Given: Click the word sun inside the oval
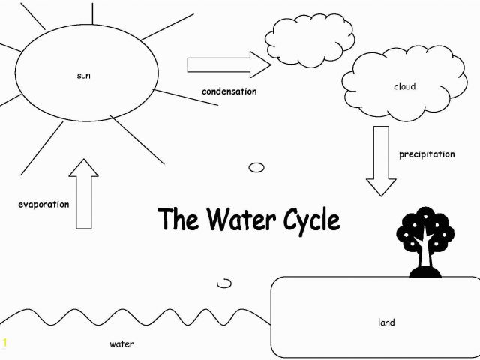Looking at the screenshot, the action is coord(83,76).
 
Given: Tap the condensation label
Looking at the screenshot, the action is coord(229,91).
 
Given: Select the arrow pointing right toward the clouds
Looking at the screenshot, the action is coord(229,64).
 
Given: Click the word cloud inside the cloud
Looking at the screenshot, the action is coord(405,86).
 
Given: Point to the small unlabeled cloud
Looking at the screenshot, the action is coord(310,39).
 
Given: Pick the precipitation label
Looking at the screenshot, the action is coord(427,154).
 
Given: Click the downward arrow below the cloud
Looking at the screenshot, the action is coord(381,161).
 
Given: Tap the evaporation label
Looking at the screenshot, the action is coord(43,204).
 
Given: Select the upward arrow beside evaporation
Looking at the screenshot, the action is coord(83,193).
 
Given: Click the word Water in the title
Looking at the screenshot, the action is coord(241,219).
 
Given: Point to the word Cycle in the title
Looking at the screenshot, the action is coord(312,221).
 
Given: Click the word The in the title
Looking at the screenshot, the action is coord(178,219).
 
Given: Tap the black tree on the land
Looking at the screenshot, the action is coord(425,242).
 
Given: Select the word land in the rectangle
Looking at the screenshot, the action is coord(386,322).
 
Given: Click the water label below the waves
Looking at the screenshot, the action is coord(121,343).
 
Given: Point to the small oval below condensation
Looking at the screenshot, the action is coord(256,167).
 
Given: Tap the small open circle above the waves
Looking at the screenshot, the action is coord(224,283).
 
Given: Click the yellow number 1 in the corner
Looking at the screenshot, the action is coord(4,342).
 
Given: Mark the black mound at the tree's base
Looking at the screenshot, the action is coord(425,272).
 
